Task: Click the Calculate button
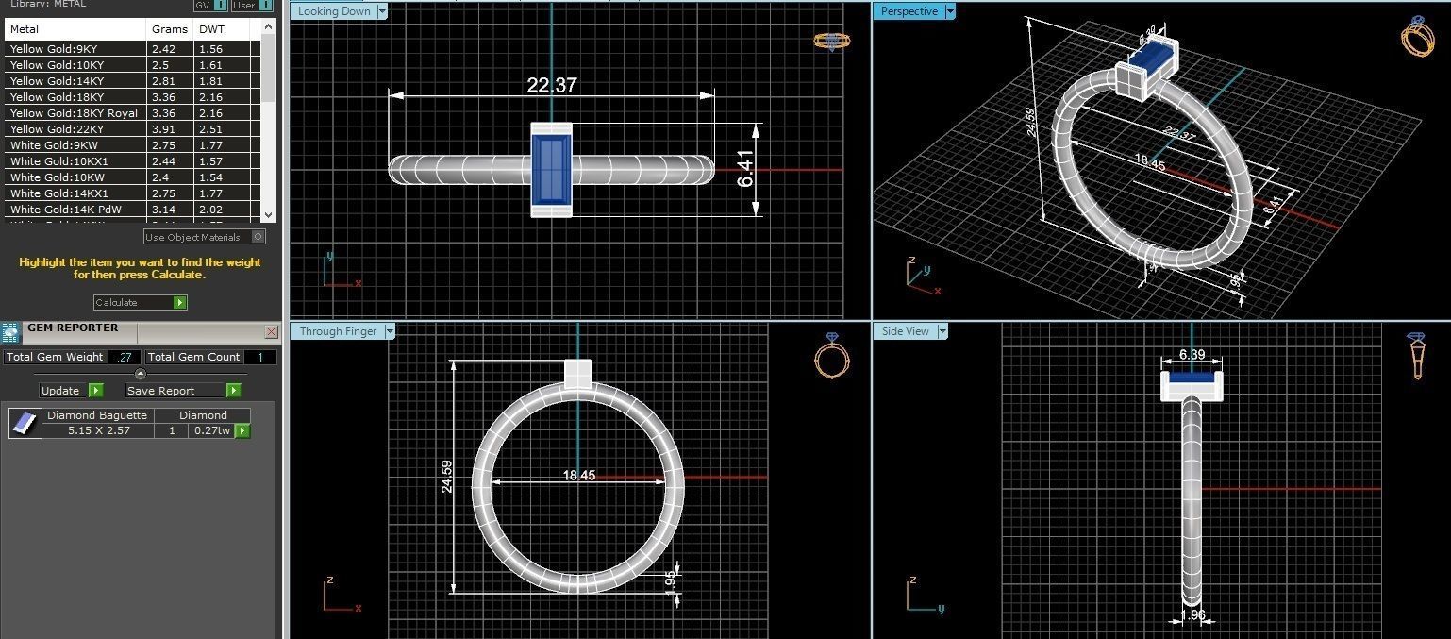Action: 140,302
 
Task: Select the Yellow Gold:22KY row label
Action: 54,129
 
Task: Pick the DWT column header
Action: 211,29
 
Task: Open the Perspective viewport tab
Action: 909,12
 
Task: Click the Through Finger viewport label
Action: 338,331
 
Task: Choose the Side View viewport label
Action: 905,331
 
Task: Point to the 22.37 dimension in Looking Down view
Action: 551,85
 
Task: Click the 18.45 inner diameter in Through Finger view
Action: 578,476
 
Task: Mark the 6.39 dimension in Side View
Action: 1192,355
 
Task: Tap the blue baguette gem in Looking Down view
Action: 551,170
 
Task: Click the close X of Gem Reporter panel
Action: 272,331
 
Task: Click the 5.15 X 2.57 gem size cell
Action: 99,430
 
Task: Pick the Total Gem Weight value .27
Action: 124,357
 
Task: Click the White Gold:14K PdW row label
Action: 65,210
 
